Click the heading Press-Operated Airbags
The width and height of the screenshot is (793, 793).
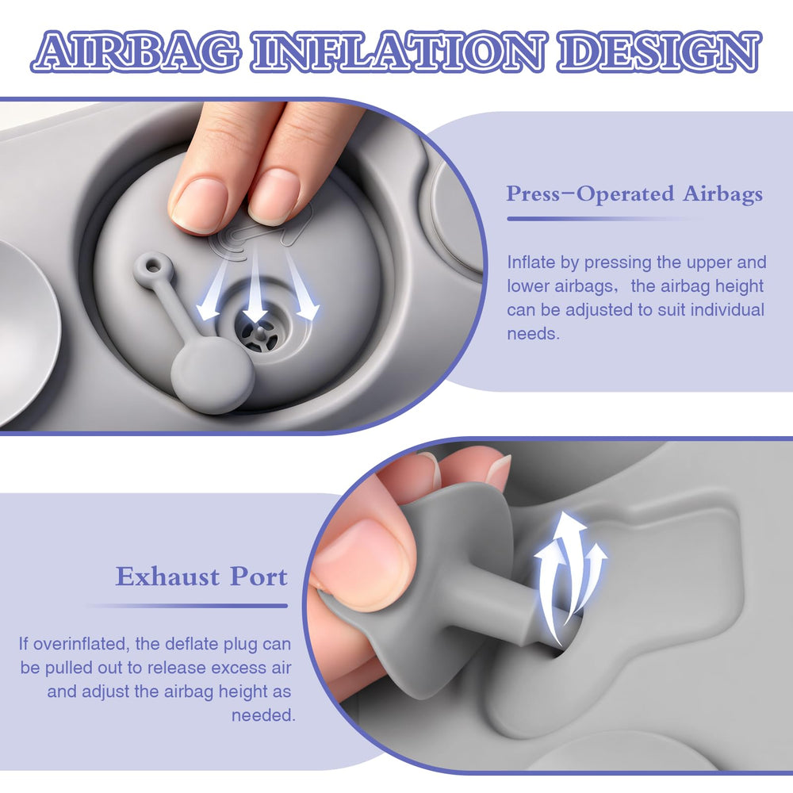click(x=634, y=194)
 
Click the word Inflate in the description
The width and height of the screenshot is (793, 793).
click(x=531, y=262)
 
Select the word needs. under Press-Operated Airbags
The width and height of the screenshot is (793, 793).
click(x=534, y=334)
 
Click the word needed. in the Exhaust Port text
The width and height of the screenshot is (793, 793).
click(x=263, y=715)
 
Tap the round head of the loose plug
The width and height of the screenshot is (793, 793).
click(x=213, y=375)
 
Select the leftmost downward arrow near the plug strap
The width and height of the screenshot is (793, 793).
click(x=213, y=289)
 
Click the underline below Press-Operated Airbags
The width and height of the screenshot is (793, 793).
click(x=605, y=219)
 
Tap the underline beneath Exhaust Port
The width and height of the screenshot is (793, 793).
click(x=187, y=605)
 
